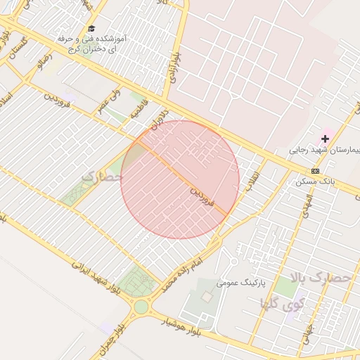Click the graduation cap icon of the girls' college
coord(92,27)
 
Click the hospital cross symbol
coord(325,139)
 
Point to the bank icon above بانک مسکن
coord(314,172)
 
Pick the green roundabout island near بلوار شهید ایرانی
coord(141,307)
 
